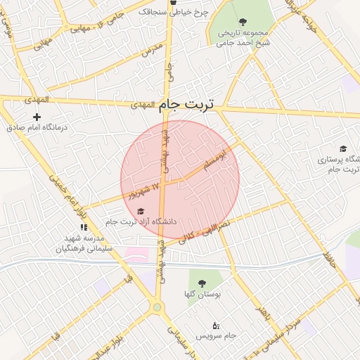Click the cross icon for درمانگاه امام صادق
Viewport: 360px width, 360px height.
point(37,117)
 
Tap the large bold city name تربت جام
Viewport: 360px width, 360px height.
point(188,103)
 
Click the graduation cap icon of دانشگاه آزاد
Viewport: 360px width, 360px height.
point(140,211)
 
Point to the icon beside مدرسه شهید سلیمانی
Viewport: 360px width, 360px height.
point(84,227)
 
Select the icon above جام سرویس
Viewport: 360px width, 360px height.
point(215,325)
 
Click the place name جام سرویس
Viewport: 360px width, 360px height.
point(217,337)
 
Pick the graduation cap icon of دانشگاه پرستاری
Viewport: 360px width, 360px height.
point(342,148)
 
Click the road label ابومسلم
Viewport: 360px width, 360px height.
point(214,158)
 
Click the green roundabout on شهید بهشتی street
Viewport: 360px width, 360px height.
point(157,307)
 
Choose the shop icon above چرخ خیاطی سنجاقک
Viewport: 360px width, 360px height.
point(173,3)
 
